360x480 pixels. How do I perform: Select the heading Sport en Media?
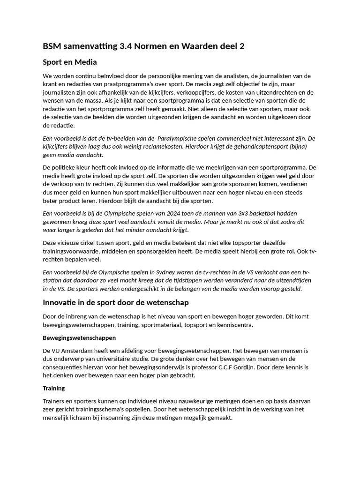tap(69, 62)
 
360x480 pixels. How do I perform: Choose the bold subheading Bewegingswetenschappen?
tap(79, 337)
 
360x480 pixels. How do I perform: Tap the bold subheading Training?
tap(54, 388)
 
